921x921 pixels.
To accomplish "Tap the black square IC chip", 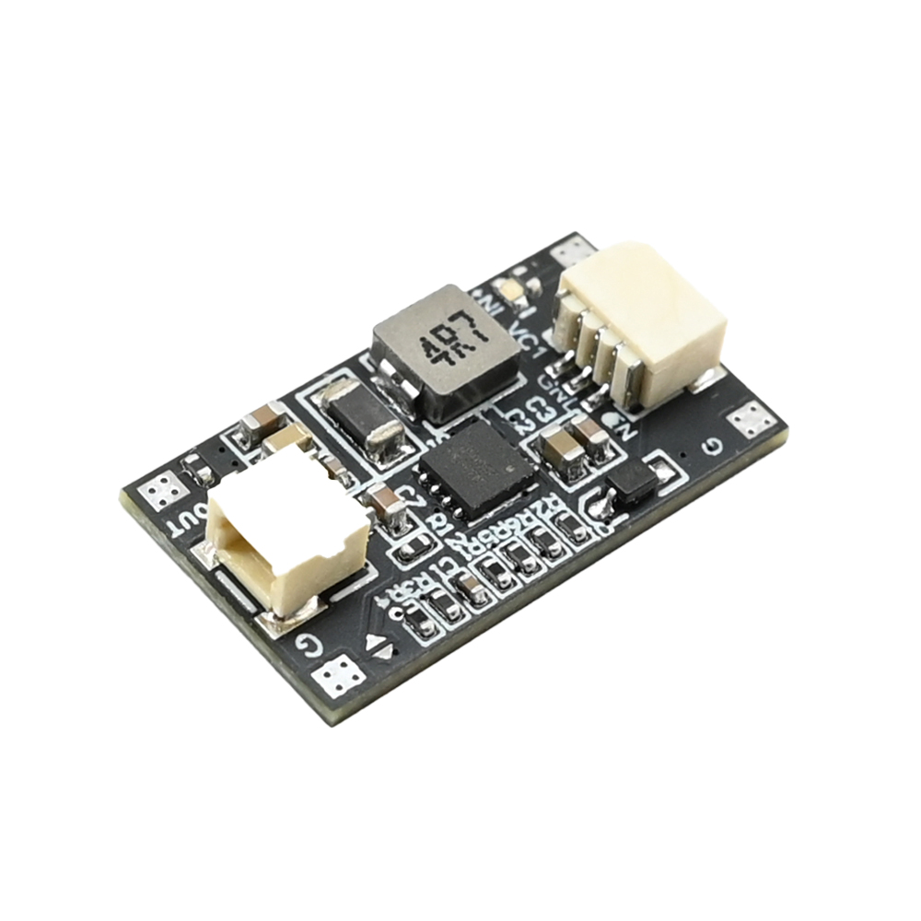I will pos(475,469).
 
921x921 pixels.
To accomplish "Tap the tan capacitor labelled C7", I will pos(387,505).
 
